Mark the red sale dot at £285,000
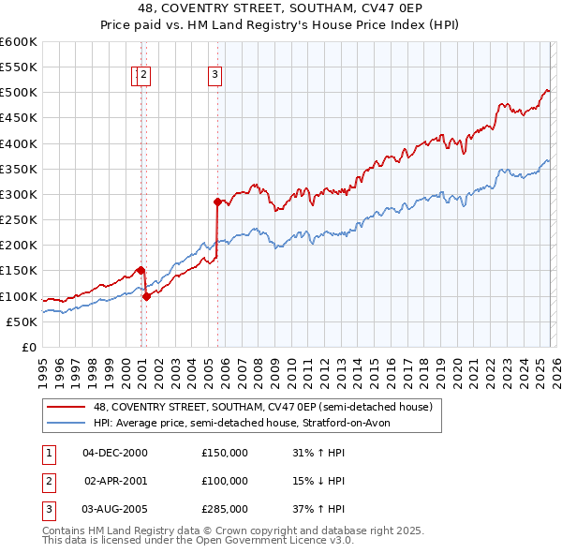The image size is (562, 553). tap(217, 202)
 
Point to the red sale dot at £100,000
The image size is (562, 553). tap(146, 296)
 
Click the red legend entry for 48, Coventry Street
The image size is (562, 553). tap(262, 408)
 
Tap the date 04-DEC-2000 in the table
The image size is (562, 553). tap(115, 453)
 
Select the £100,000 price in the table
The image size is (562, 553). tap(225, 481)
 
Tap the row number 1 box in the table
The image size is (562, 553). tap(48, 453)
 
